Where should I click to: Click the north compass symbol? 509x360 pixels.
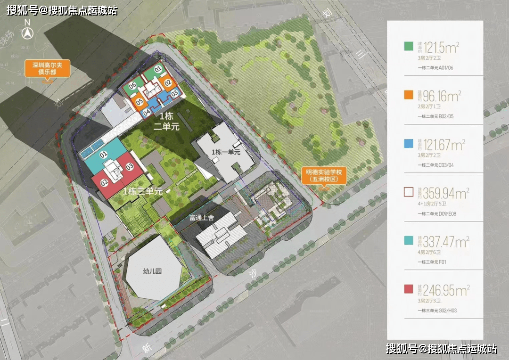pos(27,33)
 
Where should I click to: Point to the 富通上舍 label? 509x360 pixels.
pos(202,218)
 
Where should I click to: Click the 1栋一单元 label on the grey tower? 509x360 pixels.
pos(226,152)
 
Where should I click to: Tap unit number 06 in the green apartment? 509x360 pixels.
pos(132,86)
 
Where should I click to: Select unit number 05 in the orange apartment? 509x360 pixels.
pos(140,101)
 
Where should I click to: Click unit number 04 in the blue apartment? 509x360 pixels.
pos(147,112)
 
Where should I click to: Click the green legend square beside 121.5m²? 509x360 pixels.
pos(409,46)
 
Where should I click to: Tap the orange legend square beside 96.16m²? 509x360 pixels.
pos(409,95)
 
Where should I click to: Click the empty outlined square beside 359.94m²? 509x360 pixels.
pos(409,192)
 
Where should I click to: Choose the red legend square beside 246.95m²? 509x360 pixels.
pos(409,289)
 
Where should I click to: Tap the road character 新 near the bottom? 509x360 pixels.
pos(148,348)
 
